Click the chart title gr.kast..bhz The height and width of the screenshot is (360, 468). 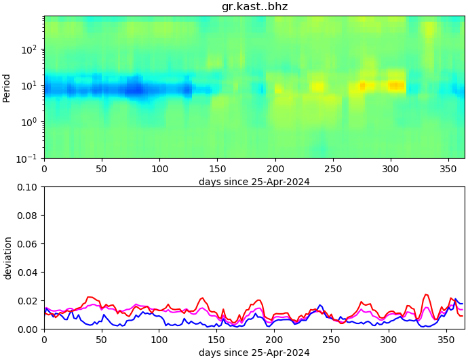click(x=254, y=7)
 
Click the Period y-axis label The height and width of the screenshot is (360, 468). click(x=7, y=87)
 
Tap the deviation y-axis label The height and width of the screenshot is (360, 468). click(x=7, y=258)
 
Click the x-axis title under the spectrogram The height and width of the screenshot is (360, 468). click(x=254, y=182)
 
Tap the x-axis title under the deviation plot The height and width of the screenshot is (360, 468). click(x=254, y=353)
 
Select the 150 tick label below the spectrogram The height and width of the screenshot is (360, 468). click(x=217, y=169)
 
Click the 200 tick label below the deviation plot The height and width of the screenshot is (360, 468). click(x=274, y=340)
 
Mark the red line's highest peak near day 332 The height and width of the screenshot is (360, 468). click(x=426, y=294)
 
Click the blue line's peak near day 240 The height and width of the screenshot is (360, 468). click(x=320, y=305)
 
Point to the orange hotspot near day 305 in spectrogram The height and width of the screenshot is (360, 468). click(x=395, y=85)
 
